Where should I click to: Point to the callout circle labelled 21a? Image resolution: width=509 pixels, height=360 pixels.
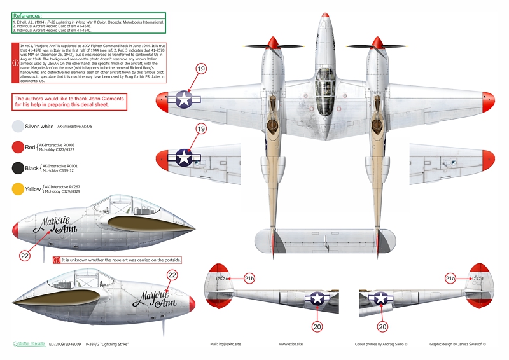pyautogui.click(x=450, y=279)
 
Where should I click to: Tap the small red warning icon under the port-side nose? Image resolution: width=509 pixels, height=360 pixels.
pyautogui.click(x=57, y=260)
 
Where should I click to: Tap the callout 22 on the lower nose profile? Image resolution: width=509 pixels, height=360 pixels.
pyautogui.click(x=171, y=275)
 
